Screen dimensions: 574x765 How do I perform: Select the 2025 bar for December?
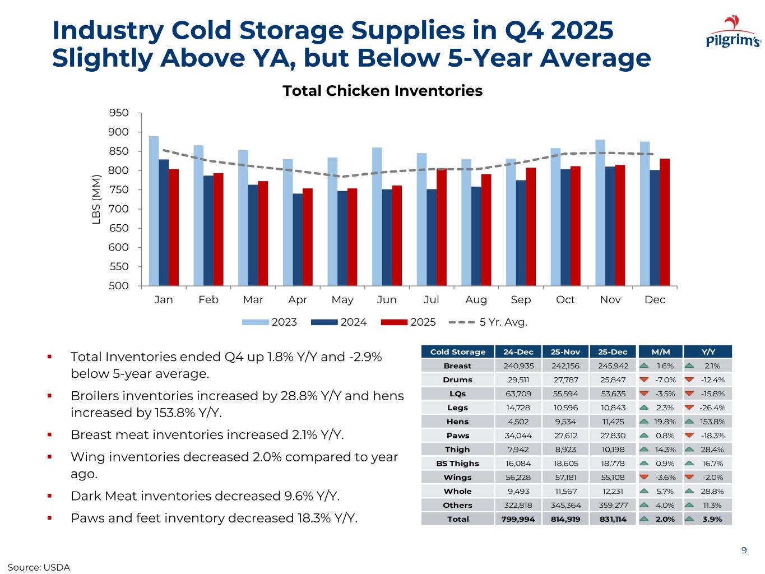665,222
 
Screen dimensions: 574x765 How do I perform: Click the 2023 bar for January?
154,211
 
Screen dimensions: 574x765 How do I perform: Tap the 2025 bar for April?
308,237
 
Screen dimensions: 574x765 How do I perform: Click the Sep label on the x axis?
521,300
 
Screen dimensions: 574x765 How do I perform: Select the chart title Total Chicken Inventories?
382,91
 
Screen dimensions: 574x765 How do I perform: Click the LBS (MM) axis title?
96,200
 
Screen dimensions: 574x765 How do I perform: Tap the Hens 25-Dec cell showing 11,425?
613,422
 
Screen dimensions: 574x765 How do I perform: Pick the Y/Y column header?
708,352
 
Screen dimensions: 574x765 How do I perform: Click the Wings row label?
457,478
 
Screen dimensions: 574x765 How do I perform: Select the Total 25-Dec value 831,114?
613,519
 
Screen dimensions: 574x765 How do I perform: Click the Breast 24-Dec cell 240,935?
518,366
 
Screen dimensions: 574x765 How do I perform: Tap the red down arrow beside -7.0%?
644,379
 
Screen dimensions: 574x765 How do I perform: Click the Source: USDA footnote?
39,567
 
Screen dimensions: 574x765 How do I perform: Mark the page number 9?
744,550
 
